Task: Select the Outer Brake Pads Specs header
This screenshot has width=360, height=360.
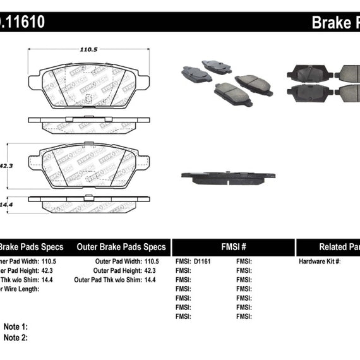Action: point(121,247)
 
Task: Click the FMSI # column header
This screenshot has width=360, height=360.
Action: point(233,247)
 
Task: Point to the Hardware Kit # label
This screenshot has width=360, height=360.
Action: point(320,261)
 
